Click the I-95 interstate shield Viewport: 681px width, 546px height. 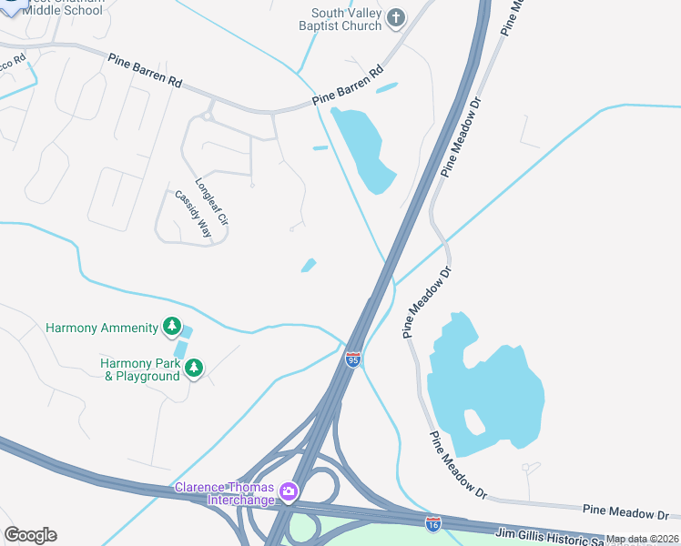pyautogui.click(x=353, y=360)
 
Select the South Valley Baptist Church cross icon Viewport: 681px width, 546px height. pyautogui.click(x=395, y=17)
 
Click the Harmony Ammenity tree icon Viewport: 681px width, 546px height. pyautogui.click(x=171, y=327)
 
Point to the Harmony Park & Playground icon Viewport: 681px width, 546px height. pyautogui.click(x=193, y=368)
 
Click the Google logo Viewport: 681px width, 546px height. pyautogui.click(x=30, y=535)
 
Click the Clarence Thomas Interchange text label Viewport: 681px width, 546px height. pyautogui.click(x=226, y=493)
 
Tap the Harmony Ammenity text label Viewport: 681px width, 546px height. pyautogui.click(x=103, y=328)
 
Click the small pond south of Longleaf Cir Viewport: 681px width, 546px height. pyautogui.click(x=310, y=266)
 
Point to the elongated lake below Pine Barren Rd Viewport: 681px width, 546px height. pyautogui.click(x=363, y=149)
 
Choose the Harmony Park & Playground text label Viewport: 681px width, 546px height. pyautogui.click(x=140, y=369)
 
